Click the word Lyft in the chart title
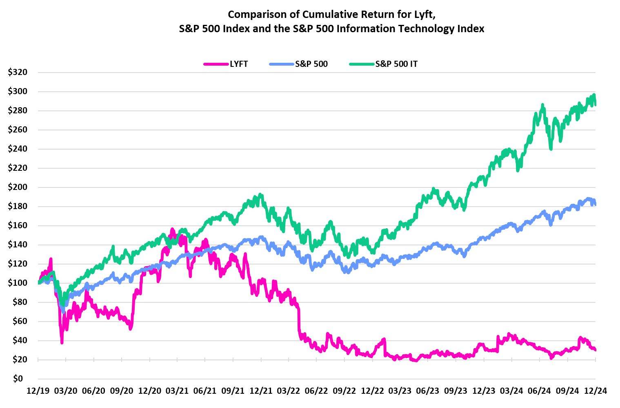(424, 14)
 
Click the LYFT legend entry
(238, 64)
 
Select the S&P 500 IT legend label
(396, 64)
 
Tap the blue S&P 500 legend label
(311, 64)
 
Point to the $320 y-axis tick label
(18, 72)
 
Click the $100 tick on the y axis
(18, 283)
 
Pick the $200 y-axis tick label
(18, 187)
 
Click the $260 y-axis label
(18, 130)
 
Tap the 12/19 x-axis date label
(38, 391)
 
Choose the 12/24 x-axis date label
(595, 391)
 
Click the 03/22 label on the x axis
(288, 391)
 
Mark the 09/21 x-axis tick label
(233, 391)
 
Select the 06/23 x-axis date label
(427, 391)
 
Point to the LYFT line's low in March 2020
(62, 343)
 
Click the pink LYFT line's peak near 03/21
(172, 229)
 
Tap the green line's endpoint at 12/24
(595, 105)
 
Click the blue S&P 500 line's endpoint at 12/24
(595, 205)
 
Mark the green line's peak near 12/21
(260, 195)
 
